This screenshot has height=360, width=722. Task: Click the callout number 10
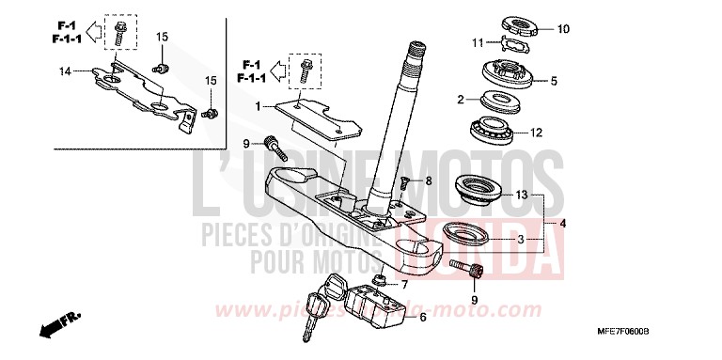[x=563, y=29]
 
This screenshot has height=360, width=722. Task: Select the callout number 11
[x=479, y=42]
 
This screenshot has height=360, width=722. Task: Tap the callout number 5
[x=554, y=81]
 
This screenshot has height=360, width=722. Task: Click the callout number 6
[x=423, y=318]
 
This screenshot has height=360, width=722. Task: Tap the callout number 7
[x=405, y=285]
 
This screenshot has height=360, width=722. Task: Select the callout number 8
[x=429, y=180]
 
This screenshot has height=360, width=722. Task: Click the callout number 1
[x=257, y=105]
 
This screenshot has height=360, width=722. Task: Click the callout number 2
[x=462, y=99]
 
